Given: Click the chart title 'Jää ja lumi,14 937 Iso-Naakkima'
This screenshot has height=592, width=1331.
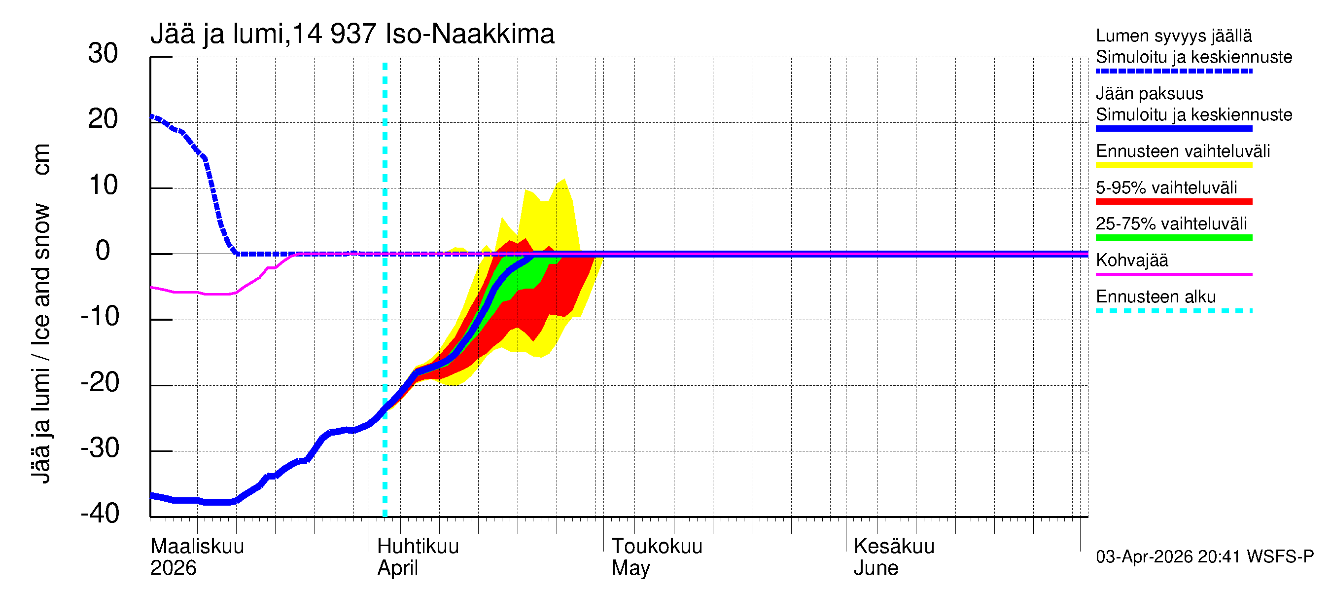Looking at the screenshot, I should coord(352,34).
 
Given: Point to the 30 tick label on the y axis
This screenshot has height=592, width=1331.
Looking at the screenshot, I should coord(103,53).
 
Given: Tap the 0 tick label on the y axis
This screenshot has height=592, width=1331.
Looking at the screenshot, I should coord(103,251).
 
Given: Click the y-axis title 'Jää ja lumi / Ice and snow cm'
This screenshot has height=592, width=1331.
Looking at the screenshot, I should coord(41,313).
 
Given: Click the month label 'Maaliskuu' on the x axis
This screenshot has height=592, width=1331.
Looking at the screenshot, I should coord(197,547).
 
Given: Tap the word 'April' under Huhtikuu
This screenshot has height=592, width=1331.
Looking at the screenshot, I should coord(397,568).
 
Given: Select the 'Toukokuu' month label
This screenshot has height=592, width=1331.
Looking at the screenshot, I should coord(657,547).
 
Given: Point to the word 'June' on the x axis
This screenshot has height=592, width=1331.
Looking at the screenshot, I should coord(876,568).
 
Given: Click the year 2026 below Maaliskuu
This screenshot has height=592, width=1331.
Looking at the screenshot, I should coord(173,568).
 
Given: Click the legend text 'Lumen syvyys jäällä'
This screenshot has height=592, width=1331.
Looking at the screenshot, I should coord(1174,36).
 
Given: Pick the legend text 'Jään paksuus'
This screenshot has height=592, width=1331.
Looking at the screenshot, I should coord(1150,94).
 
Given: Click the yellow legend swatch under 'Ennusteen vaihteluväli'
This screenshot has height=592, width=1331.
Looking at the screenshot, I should coord(1174,165).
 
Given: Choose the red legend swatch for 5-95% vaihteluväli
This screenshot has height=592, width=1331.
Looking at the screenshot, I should coord(1174,202).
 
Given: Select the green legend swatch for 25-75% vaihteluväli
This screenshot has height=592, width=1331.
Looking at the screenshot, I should coord(1174,238).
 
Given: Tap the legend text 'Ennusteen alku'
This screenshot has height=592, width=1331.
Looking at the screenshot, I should coord(1156,297).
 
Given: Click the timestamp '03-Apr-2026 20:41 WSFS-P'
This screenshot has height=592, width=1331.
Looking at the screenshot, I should coord(1204,557).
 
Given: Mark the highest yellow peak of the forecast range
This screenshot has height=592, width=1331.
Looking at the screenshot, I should coord(564,180).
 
